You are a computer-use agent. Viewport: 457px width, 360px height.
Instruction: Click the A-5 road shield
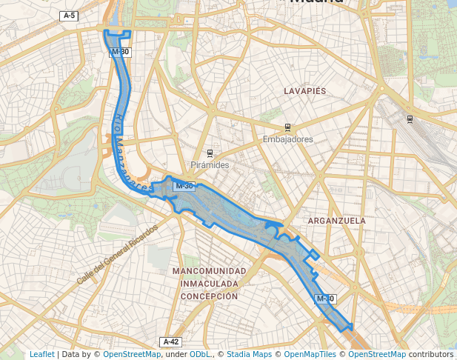[69, 16]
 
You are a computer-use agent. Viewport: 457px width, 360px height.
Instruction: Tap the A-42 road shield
[170, 341]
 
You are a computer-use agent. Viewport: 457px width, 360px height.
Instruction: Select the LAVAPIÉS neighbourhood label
[304, 90]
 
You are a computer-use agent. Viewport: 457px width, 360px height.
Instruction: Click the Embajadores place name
[287, 139]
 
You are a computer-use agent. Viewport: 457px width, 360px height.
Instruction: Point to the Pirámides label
[210, 165]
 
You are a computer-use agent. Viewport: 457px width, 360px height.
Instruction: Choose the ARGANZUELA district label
[336, 221]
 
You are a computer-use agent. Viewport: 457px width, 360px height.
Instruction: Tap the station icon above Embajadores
[287, 128]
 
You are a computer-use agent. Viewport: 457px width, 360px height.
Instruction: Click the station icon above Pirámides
[210, 153]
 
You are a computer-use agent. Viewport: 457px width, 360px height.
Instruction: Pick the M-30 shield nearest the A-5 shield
[119, 52]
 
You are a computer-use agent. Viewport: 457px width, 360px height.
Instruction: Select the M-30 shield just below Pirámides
[184, 186]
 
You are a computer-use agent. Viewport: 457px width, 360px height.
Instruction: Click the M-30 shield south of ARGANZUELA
[325, 299]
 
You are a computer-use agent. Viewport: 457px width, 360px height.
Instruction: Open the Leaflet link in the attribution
[41, 354]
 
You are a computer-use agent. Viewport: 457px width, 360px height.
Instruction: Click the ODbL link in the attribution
[199, 354]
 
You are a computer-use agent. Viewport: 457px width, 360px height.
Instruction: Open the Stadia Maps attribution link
[249, 354]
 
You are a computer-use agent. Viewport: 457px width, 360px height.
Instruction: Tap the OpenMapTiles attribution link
[311, 354]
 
